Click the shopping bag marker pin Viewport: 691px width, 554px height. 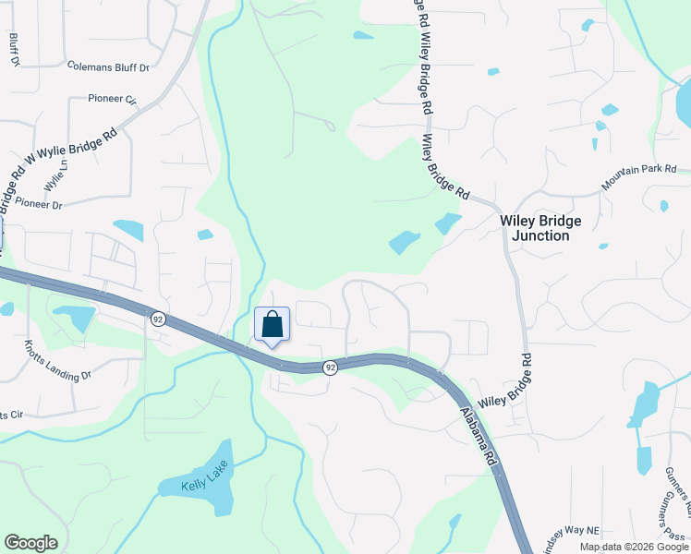pos(272,325)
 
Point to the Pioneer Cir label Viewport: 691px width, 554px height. pos(112,98)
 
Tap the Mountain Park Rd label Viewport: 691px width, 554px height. pos(639,177)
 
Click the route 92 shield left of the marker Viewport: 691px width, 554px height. pos(159,319)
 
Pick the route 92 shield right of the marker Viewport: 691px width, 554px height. pos(330,367)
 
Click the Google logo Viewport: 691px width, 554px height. pos(30,543)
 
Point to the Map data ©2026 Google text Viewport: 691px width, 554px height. pos(634,547)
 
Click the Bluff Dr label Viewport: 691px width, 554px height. pos(14,50)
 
